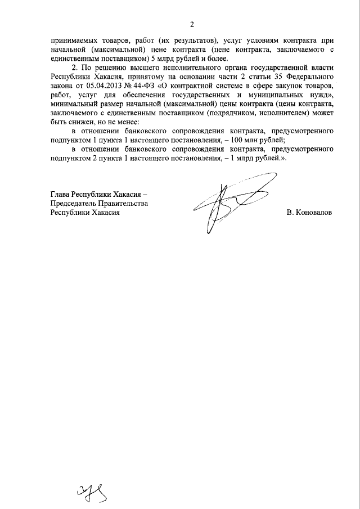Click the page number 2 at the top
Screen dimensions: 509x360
(x=191, y=24)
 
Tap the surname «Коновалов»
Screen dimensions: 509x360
(x=309, y=213)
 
